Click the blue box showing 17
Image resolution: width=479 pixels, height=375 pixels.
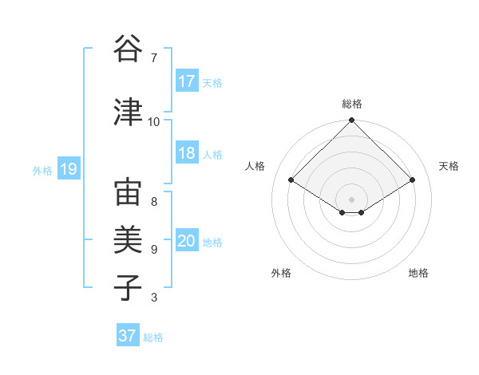pyautogui.click(x=187, y=81)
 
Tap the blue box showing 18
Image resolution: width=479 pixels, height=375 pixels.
pyautogui.click(x=187, y=153)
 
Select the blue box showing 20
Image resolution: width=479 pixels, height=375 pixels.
pyautogui.click(x=187, y=241)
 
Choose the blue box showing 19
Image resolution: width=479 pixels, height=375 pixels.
pyautogui.click(x=69, y=169)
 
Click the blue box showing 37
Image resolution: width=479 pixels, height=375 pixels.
pyautogui.click(x=128, y=336)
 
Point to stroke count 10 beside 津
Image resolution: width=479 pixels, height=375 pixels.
pyautogui.click(x=154, y=121)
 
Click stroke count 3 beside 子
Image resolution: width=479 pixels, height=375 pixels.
pyautogui.click(x=153, y=298)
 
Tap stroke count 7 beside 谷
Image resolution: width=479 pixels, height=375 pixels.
pyautogui.click(x=153, y=58)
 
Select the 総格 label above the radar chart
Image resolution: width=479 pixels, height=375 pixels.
pyautogui.click(x=352, y=104)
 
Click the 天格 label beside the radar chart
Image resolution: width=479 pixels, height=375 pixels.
pyautogui.click(x=449, y=166)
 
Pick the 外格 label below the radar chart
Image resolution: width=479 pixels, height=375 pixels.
pyautogui.click(x=281, y=273)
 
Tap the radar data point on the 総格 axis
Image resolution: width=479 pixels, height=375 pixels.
pyautogui.click(x=351, y=120)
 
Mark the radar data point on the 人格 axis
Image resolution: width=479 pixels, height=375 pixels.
pyautogui.click(x=291, y=180)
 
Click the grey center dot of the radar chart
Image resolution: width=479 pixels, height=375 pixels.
pyautogui.click(x=351, y=198)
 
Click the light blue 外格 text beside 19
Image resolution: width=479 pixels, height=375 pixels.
pyautogui.click(x=42, y=170)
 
